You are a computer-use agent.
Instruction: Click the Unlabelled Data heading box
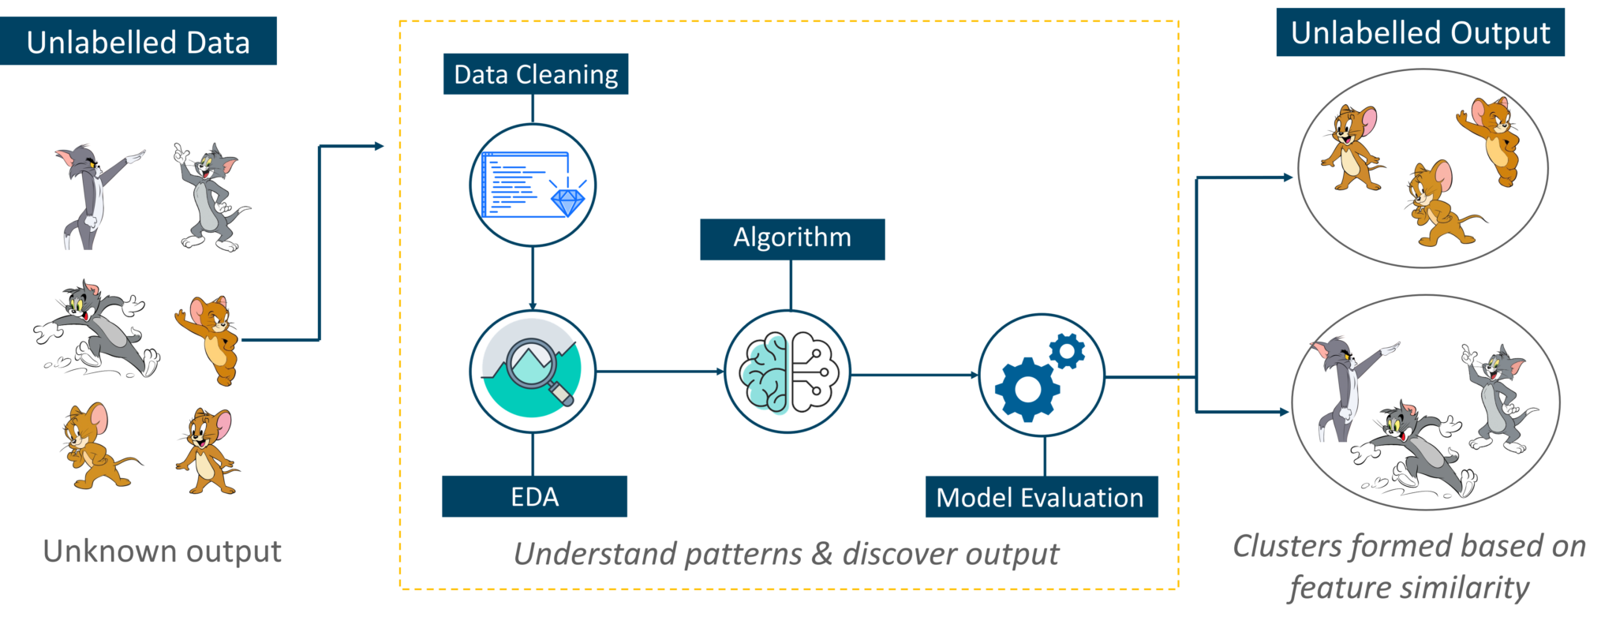(138, 41)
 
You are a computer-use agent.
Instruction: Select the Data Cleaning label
(536, 74)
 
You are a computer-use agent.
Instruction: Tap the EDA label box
(534, 496)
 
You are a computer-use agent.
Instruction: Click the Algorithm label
(792, 238)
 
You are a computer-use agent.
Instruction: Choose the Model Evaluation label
(1041, 497)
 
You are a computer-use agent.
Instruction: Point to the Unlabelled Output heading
(1420, 32)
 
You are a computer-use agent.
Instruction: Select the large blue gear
(1027, 388)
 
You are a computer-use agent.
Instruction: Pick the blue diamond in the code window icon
(567, 201)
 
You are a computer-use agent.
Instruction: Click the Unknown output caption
(162, 551)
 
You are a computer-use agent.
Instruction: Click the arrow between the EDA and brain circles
(660, 371)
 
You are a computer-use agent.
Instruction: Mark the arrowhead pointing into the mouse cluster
(1288, 178)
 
